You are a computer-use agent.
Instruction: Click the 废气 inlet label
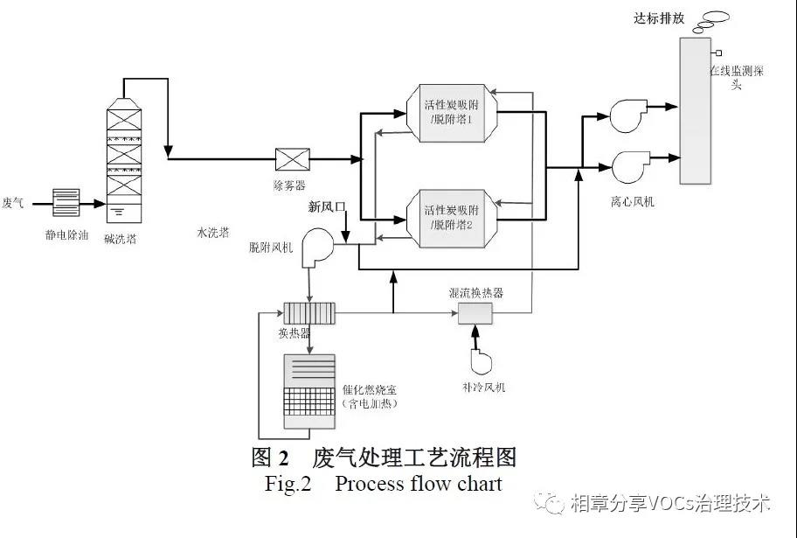(x=13, y=202)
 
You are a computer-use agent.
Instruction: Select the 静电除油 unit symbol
(x=66, y=202)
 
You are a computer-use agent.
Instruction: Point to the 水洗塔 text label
(x=213, y=233)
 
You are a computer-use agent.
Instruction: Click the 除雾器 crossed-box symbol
(x=288, y=159)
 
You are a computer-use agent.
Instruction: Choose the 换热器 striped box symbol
(x=310, y=312)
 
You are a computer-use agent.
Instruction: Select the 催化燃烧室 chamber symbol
(x=309, y=391)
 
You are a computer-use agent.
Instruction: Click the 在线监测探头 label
(x=737, y=79)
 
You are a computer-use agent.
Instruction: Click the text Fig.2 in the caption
(x=288, y=484)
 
